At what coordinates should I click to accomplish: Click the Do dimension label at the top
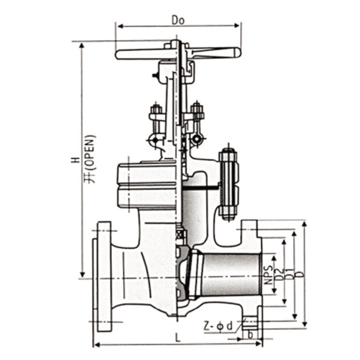178,20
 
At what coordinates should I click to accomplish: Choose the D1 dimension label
290,274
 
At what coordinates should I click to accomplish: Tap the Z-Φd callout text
218,326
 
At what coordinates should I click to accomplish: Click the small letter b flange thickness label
251,335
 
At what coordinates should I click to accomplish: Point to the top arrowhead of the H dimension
81,46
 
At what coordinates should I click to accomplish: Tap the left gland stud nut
156,110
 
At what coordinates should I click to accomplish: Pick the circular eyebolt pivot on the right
197,139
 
